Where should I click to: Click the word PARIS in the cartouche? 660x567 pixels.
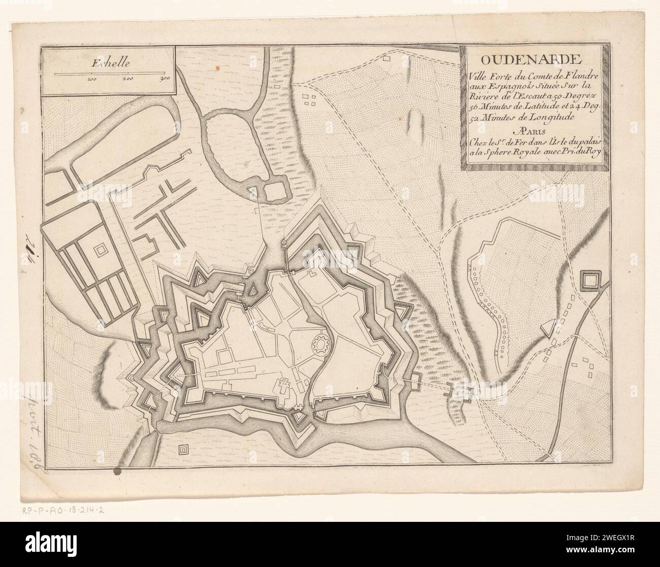point(530,129)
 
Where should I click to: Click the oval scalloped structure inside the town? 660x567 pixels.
point(321,344)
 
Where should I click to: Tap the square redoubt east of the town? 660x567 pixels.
point(590,280)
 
